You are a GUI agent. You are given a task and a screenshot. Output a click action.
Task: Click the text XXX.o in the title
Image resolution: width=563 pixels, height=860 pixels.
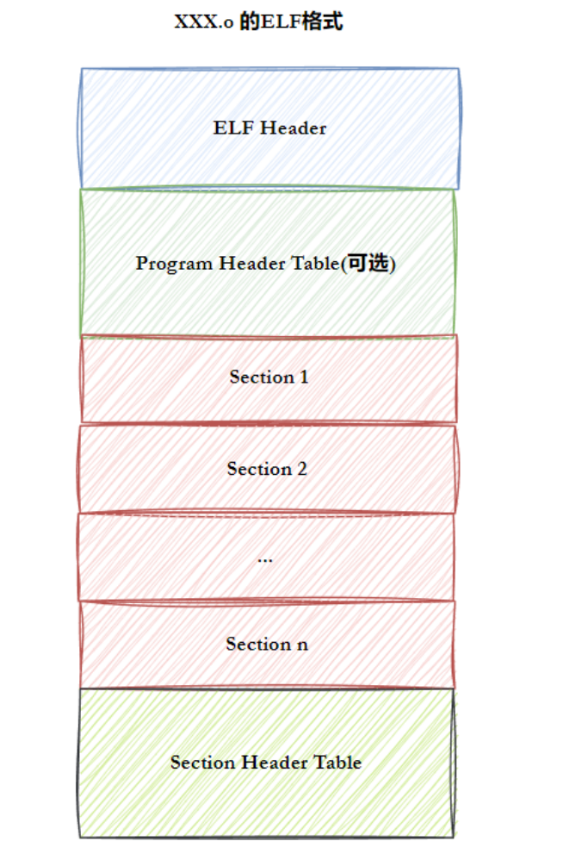202,22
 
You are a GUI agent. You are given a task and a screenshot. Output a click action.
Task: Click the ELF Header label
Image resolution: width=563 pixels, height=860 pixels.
269,128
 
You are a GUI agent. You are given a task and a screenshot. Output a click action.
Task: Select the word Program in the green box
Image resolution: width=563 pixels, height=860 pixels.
171,264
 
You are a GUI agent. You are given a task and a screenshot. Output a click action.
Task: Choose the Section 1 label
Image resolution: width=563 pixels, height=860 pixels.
269,377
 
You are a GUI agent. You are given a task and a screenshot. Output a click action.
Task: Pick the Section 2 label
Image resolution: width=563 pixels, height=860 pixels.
267,470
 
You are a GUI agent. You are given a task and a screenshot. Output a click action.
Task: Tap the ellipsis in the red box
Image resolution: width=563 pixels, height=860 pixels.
265,558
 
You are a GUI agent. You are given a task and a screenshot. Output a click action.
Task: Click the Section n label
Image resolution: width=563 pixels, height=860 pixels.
267,645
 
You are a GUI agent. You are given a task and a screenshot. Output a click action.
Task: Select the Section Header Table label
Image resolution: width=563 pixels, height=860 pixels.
265,763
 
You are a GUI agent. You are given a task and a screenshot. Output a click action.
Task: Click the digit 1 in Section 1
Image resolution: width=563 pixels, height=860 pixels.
303,377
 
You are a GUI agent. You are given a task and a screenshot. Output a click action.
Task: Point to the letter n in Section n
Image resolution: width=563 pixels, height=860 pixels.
302,645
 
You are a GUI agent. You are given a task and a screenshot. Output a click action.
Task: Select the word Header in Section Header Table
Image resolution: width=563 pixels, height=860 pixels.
274,763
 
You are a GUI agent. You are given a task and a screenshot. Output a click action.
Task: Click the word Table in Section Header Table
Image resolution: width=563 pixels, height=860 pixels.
338,763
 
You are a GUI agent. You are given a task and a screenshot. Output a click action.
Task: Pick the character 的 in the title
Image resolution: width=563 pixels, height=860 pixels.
249,22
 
